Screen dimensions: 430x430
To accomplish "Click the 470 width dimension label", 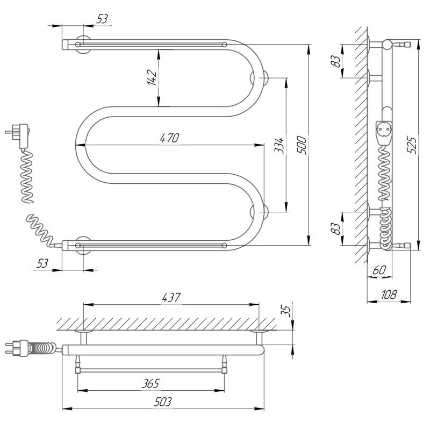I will pos(169,138).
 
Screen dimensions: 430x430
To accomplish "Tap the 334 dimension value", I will pos(278,145).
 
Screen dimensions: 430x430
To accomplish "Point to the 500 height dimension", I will pos(302,144).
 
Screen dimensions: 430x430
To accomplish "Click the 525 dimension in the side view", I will pos(412,144).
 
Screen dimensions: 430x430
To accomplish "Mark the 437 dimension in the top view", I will pos(171,297).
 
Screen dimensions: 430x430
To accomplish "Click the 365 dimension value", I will pos(151,383).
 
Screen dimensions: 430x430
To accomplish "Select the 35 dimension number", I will pos(286,311).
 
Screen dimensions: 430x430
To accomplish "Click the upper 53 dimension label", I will pos(102,19).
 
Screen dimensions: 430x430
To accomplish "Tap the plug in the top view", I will pos(15,347).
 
